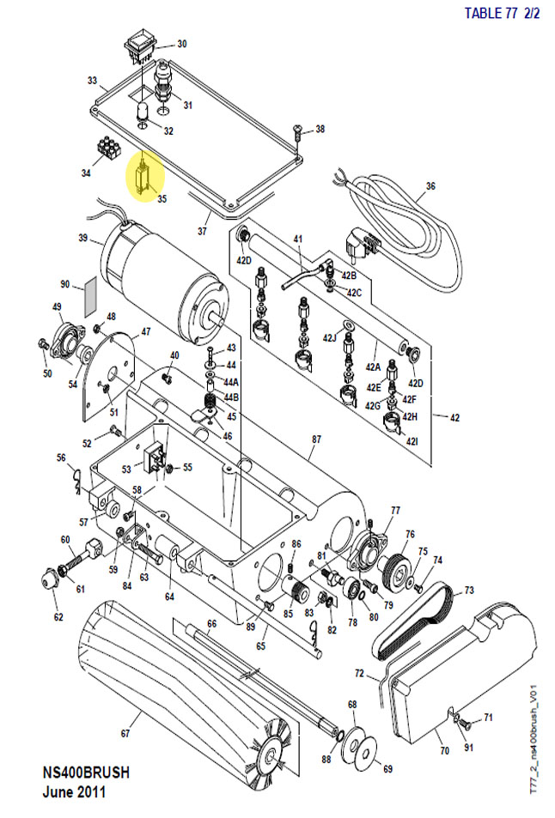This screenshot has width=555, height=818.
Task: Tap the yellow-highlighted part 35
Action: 144,176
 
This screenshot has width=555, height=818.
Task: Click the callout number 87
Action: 315,439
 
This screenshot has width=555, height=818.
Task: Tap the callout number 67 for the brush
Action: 125,734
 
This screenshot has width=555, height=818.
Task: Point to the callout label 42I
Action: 412,441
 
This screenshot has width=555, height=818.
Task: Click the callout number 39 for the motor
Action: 83,238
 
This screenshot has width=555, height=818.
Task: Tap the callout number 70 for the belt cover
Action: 444,751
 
